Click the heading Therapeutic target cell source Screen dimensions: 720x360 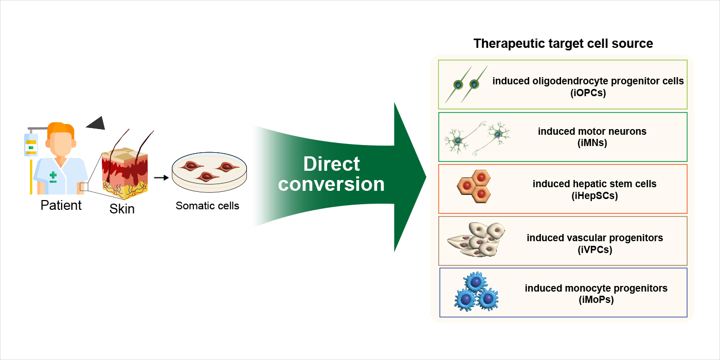tap(563, 43)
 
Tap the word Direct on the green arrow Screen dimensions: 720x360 tap(331, 164)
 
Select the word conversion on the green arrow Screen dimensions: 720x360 tap(331, 184)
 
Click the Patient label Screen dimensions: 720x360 tap(61, 205)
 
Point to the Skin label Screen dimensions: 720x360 tap(122, 209)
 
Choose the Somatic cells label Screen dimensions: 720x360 tap(207, 206)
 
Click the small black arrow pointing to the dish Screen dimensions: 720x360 tap(161, 177)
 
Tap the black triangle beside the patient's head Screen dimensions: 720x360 tap(97, 124)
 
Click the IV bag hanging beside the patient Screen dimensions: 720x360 tap(31, 145)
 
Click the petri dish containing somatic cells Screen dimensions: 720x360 tap(209, 173)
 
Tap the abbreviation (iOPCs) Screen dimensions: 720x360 tap(588, 93)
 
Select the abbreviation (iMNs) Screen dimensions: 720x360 tap(592, 143)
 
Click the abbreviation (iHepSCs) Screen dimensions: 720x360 tap(595, 195)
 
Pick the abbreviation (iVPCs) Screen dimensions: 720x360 tap(595, 249)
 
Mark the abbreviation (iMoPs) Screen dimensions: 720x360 tap(596, 299)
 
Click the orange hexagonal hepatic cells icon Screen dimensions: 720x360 tap(474, 186)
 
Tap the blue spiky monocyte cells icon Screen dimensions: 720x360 tap(476, 292)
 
